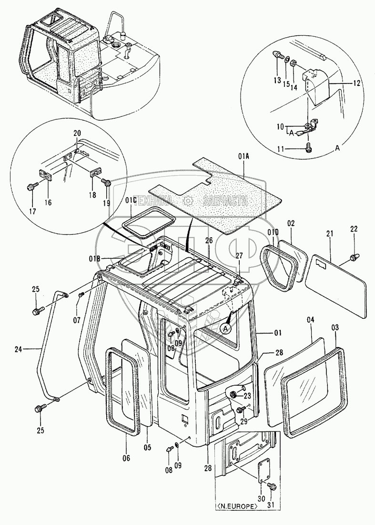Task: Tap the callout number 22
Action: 354,229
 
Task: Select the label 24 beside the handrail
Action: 19,349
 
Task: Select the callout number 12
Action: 356,83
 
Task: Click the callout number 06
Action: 127,458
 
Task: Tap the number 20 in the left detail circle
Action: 77,133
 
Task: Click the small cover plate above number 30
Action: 264,472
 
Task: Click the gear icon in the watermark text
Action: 189,200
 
